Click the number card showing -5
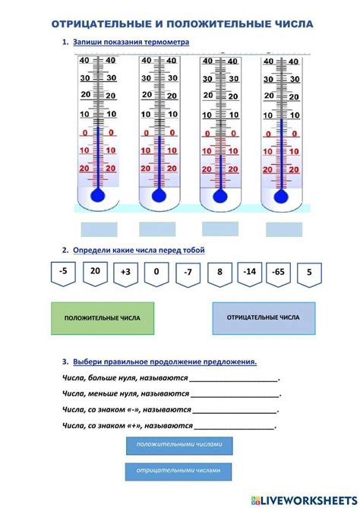coord(64,272)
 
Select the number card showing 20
coord(95,272)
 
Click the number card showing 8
coord(219,272)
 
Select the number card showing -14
coord(248,272)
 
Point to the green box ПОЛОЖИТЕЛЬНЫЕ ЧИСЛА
coord(102,318)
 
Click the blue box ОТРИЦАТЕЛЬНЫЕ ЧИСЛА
coord(264,317)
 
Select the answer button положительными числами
coord(178,445)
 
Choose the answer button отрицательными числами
coord(178,472)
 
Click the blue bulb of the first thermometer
coord(97,195)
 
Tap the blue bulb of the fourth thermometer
coord(281,197)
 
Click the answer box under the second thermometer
coord(157,229)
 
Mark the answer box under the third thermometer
coord(220,228)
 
